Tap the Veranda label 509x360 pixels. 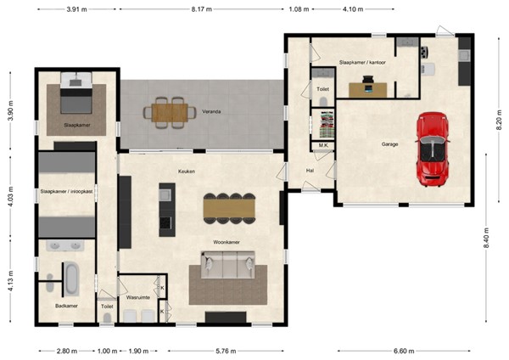212,111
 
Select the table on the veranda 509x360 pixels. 167,111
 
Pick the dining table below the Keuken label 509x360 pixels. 228,206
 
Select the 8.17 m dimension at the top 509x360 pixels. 201,8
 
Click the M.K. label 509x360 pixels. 323,146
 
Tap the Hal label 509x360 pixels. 310,170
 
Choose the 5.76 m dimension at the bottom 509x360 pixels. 226,351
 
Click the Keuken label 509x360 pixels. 187,171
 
